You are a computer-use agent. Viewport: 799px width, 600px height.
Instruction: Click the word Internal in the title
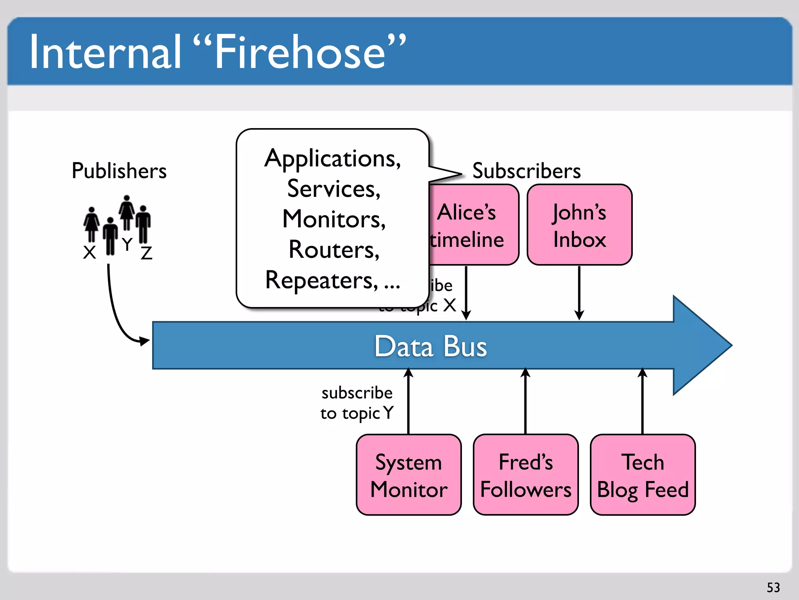[105, 52]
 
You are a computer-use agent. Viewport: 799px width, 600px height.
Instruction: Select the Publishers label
[119, 171]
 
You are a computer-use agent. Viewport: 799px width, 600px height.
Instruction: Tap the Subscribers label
[526, 171]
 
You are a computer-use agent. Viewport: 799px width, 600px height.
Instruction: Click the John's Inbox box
[579, 225]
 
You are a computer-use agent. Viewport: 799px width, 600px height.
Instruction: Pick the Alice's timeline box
[474, 225]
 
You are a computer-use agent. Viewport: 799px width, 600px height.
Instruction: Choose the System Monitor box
[408, 475]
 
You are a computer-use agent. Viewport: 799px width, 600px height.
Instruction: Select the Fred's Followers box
[526, 475]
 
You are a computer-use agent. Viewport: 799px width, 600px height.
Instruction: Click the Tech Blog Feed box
[643, 475]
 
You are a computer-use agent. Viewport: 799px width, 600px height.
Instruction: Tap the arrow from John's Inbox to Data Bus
[579, 293]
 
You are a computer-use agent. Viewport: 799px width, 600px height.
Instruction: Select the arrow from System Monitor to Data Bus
[408, 402]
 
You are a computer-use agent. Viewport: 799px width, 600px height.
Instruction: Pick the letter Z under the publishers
[146, 253]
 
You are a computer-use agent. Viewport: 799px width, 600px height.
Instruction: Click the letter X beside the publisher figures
[90, 252]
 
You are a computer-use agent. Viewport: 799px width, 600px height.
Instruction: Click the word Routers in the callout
[334, 249]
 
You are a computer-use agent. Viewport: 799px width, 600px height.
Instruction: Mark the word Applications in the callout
[332, 159]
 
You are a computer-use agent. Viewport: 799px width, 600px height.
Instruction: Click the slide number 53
[773, 587]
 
